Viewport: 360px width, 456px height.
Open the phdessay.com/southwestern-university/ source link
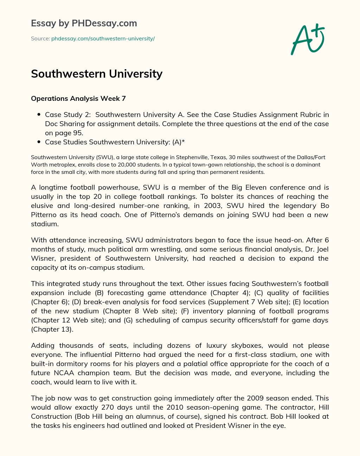pos(103,39)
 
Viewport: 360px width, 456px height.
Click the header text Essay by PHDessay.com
pos(84,23)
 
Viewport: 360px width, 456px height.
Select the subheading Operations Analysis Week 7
pos(78,98)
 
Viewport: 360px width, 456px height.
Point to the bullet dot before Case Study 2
pos(38,115)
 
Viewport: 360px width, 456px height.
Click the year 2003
pos(213,206)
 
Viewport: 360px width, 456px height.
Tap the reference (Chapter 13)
pos(52,329)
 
